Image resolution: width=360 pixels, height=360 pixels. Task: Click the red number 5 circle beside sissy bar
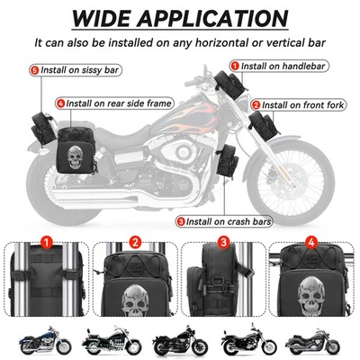[x=35, y=69]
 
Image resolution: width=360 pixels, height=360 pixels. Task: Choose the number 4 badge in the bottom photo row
[x=310, y=241]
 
